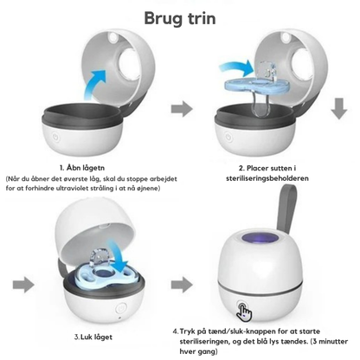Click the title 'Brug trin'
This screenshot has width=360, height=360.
(180, 18)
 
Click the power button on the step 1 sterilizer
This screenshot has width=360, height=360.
(55, 137)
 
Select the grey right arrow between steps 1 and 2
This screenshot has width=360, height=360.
(182, 109)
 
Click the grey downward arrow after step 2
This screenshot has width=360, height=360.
(339, 108)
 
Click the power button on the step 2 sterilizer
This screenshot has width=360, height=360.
(228, 137)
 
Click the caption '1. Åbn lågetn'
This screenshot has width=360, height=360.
(82, 168)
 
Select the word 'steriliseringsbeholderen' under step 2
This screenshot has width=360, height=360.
(267, 178)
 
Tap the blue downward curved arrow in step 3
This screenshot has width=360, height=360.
(119, 254)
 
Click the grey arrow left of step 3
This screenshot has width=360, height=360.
(23, 285)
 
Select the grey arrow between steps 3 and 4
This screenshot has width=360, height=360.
(182, 285)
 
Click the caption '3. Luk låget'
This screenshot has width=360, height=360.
(93, 337)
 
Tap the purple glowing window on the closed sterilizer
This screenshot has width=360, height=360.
(260, 239)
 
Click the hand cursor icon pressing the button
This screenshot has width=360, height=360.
(244, 312)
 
